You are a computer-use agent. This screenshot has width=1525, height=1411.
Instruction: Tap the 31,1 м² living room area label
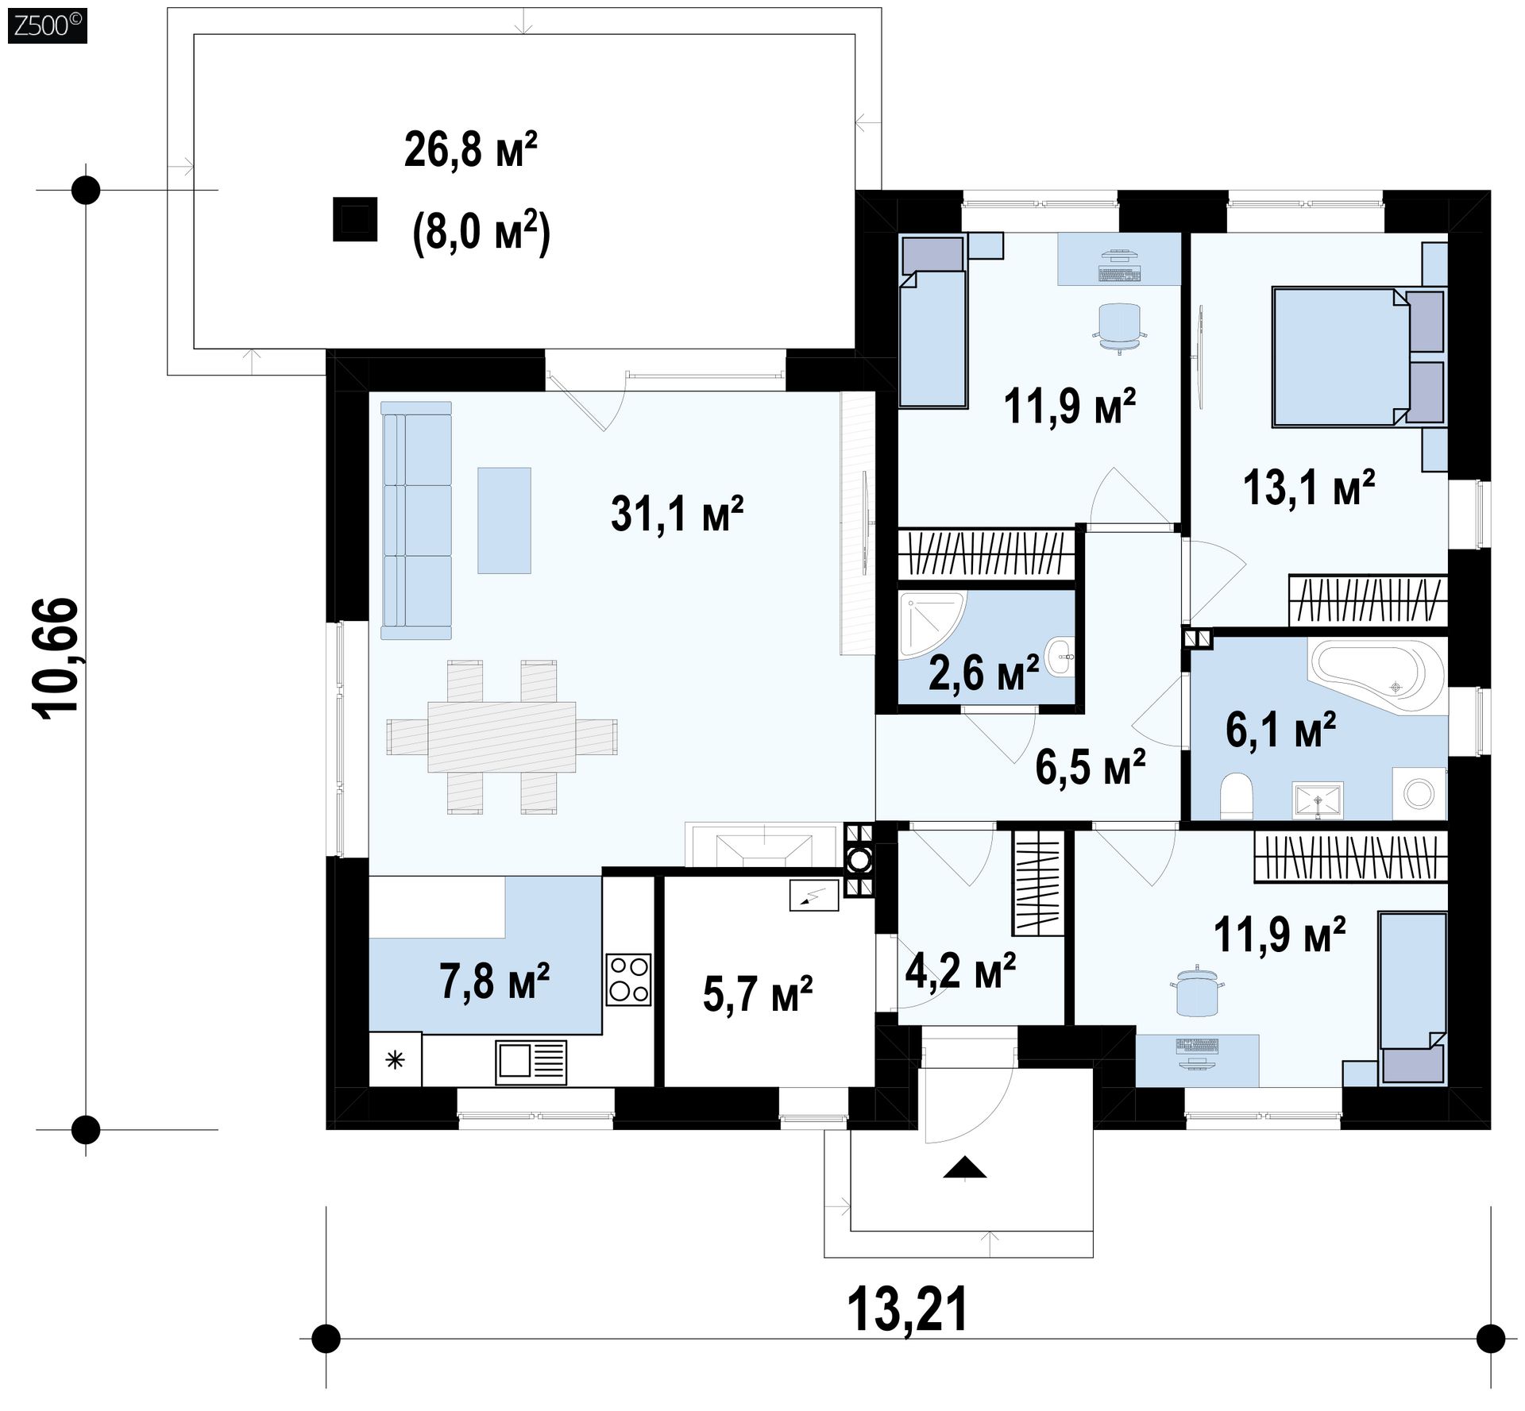point(677,513)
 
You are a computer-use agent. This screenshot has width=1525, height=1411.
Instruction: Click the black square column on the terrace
point(354,218)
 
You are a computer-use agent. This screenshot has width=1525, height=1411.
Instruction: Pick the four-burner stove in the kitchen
point(629,979)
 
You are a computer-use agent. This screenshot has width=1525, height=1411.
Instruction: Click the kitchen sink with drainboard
point(531,1062)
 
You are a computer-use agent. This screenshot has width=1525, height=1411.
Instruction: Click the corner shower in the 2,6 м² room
point(931,624)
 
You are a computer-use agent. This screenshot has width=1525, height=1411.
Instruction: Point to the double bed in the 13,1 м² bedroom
point(1358,357)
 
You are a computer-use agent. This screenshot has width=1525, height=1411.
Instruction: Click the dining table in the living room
point(502,736)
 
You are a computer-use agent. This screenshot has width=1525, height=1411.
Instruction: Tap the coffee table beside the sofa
point(504,520)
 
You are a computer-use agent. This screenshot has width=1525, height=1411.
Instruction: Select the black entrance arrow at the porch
point(965,1168)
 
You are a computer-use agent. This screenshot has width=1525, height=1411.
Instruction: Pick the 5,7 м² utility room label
point(758,994)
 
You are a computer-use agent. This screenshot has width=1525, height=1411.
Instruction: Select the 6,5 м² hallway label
point(1090,767)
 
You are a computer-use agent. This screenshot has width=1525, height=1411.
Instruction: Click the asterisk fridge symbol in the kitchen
point(396,1060)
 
